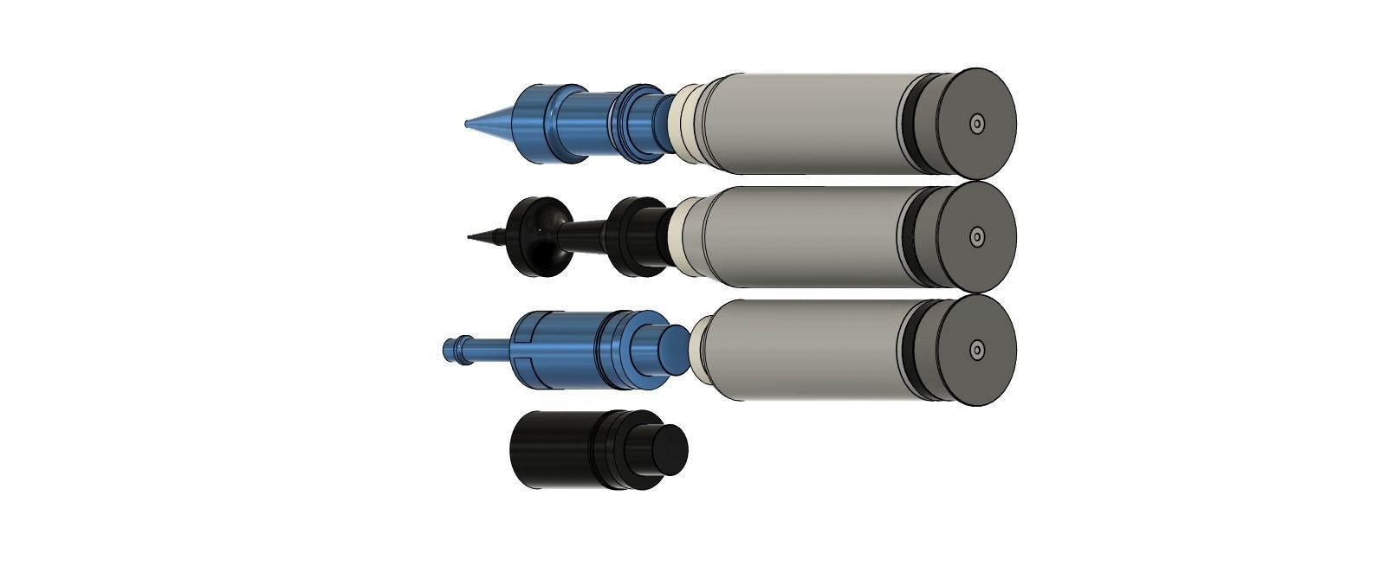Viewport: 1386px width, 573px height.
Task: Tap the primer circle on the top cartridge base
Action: point(977,124)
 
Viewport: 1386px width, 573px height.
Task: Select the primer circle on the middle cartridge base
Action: point(977,236)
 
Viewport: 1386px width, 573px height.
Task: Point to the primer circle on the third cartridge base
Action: point(977,351)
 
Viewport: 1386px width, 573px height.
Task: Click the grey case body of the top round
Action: point(806,123)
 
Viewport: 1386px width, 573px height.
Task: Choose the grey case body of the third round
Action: point(806,350)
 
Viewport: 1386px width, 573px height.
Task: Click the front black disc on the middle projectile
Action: point(537,237)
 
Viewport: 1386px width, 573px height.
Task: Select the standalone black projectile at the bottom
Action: point(563,449)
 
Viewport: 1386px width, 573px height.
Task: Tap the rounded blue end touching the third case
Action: point(675,346)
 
